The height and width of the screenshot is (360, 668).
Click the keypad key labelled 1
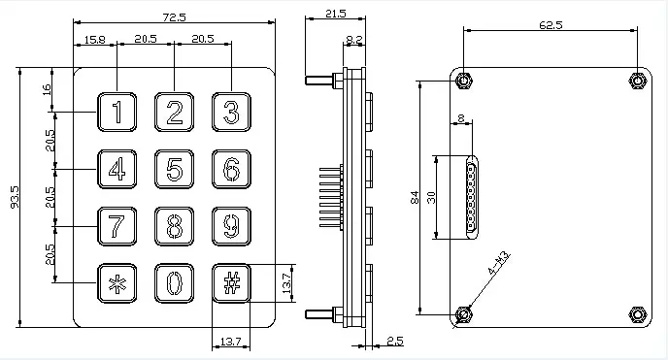tap(117, 112)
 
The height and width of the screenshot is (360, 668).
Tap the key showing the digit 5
tap(174, 169)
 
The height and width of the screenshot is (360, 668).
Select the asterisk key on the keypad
tap(117, 283)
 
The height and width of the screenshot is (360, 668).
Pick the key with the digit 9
tap(231, 226)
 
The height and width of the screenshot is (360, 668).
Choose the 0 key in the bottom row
tap(174, 283)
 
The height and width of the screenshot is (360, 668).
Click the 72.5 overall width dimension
tap(174, 17)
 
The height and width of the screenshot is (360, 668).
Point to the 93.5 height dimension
tap(15, 197)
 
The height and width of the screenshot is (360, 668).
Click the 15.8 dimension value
tap(94, 40)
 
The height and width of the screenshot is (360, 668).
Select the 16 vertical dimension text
tap(47, 89)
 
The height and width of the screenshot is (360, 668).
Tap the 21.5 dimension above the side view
tap(336, 14)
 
